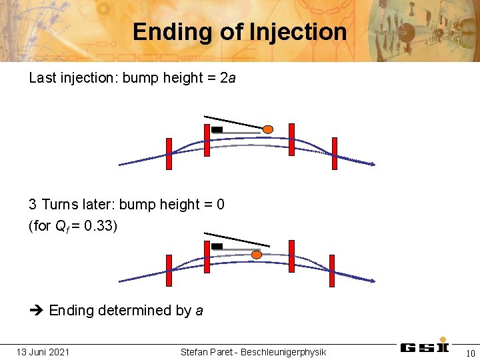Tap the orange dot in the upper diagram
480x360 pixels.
pyautogui.click(x=267, y=129)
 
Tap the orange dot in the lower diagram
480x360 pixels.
pyautogui.click(x=257, y=254)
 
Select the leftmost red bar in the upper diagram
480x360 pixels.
pyautogui.click(x=169, y=154)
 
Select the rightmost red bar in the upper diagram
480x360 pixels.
pyautogui.click(x=334, y=154)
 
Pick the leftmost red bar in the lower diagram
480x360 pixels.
pyautogui.click(x=169, y=271)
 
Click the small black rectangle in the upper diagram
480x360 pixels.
pyautogui.click(x=217, y=129)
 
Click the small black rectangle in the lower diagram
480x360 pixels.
pyautogui.click(x=217, y=246)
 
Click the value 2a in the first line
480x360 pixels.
pyautogui.click(x=228, y=78)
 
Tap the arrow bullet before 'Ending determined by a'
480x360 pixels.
pyautogui.click(x=36, y=311)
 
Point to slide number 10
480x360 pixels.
pyautogui.click(x=470, y=353)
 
